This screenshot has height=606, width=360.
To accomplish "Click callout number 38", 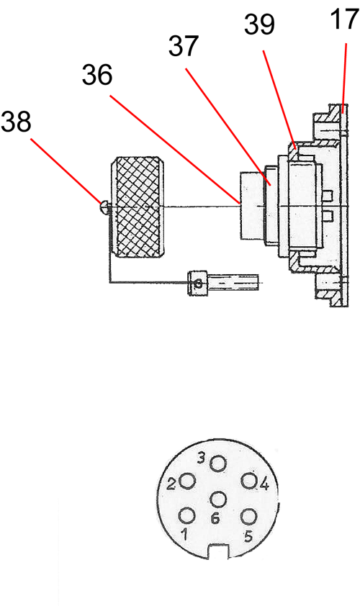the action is [x=17, y=122].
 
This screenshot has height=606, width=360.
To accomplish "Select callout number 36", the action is [x=97, y=75].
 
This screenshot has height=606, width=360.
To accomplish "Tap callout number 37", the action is [x=184, y=46].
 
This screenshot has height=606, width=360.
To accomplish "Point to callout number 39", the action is [x=259, y=24].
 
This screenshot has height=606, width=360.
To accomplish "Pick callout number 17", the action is [x=345, y=19].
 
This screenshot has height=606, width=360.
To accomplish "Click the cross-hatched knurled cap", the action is [x=139, y=207].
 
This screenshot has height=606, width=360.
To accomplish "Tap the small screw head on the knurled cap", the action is [x=104, y=207].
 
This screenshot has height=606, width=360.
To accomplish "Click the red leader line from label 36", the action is [x=175, y=149].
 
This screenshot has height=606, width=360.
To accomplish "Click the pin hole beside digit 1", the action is [x=187, y=516].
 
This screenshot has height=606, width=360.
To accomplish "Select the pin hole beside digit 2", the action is [x=188, y=481].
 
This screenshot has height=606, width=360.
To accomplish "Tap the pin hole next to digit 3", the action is [x=218, y=463].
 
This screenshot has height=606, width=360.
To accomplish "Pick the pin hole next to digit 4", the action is [x=249, y=481].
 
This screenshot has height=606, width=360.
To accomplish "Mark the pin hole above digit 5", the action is [x=248, y=517].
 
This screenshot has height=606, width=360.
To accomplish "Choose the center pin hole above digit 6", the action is [x=218, y=499].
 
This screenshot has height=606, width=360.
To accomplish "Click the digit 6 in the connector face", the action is [x=215, y=518].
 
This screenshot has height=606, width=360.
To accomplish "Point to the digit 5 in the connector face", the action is [x=248, y=536].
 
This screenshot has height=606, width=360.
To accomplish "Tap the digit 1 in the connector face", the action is [x=185, y=535].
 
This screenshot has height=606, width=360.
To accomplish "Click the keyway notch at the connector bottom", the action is [x=218, y=552].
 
